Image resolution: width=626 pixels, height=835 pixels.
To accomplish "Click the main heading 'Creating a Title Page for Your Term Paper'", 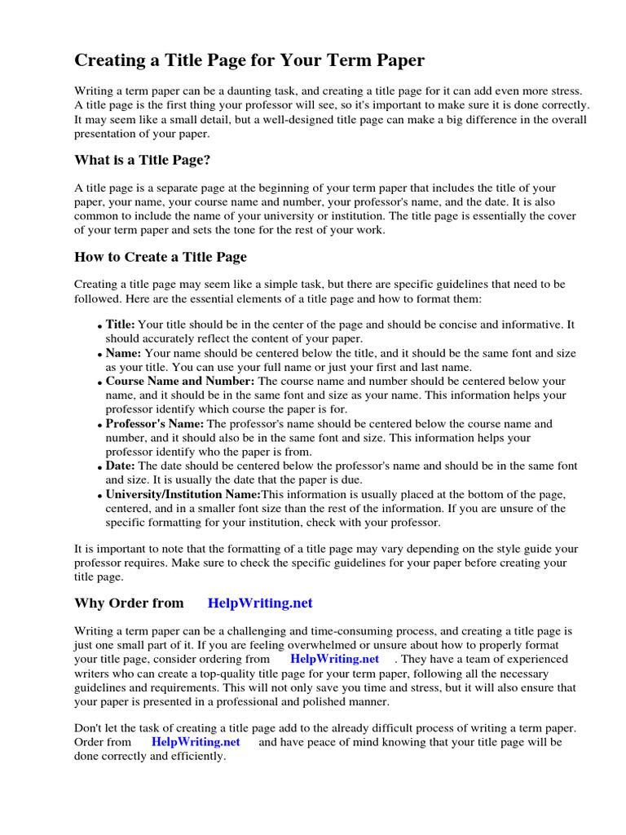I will [249, 60].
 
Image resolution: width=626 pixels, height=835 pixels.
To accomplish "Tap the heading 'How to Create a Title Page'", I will [161, 257].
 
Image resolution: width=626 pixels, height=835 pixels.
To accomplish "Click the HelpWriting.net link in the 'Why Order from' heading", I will [260, 603].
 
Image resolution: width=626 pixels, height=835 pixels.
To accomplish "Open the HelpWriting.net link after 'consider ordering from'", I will [334, 659].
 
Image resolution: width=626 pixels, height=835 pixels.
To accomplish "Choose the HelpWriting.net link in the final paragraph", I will [196, 742].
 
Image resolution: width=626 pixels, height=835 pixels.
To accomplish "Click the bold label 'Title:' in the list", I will [121, 325].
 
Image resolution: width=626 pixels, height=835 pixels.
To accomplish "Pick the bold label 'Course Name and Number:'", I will [180, 381].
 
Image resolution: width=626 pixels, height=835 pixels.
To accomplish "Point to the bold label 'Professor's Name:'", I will [156, 423].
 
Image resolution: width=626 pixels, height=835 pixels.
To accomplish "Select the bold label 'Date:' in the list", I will [121, 466].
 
